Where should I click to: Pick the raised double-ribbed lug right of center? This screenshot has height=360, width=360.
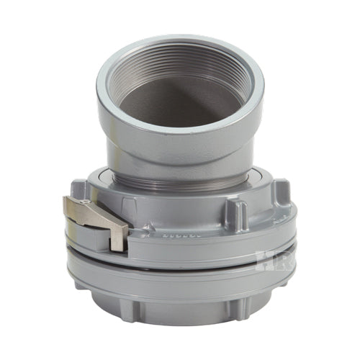[237, 213]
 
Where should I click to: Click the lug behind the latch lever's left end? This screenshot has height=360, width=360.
[80, 191]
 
